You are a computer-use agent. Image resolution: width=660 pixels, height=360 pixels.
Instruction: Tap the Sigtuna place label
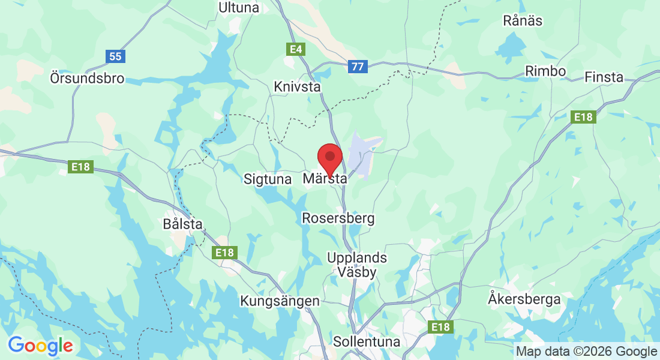[268, 179]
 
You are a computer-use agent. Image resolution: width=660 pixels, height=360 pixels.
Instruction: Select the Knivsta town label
[296, 87]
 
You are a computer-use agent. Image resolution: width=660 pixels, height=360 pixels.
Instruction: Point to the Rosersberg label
[338, 218]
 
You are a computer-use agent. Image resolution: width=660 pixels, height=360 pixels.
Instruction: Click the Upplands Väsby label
[357, 265]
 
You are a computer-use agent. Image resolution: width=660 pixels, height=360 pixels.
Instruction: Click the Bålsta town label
[182, 224]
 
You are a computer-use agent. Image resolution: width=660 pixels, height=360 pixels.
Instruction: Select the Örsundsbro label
[88, 79]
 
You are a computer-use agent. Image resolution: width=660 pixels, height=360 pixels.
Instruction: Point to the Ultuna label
[239, 8]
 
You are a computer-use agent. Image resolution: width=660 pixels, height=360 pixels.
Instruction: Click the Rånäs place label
[523, 21]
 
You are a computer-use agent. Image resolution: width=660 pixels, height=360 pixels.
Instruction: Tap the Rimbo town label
[545, 71]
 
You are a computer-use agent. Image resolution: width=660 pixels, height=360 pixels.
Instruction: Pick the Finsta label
[604, 77]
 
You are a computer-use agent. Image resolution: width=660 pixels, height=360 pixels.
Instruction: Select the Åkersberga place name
[524, 298]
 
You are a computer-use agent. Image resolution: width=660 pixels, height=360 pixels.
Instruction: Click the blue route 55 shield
[115, 56]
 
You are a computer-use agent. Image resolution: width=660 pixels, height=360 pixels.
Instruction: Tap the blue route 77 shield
[358, 66]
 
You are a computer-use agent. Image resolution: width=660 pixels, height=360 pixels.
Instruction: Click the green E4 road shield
[296, 49]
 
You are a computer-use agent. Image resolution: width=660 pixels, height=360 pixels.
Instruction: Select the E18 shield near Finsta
[583, 117]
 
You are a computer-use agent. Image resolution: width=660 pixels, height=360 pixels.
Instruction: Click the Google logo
[40, 345]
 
